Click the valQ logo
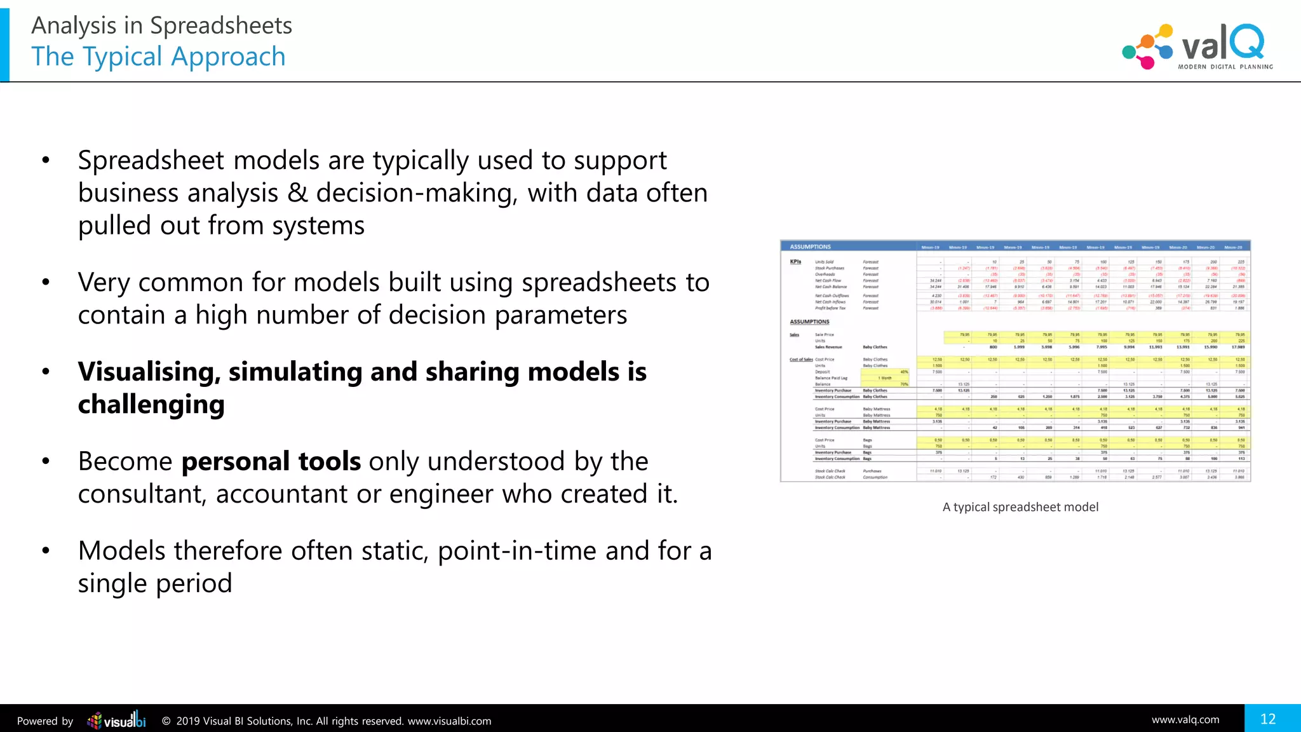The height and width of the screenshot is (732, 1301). point(1197,46)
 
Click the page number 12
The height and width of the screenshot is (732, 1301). point(1268,719)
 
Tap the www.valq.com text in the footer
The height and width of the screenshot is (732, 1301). point(1185,719)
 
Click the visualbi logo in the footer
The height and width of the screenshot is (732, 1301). point(117,721)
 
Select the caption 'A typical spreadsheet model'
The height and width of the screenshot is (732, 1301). point(1020,507)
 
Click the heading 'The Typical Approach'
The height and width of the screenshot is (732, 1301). point(158,57)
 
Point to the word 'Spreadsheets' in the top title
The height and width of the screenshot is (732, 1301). point(220,25)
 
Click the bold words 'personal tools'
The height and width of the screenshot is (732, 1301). point(271,461)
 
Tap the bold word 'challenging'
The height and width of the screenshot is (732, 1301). point(151,404)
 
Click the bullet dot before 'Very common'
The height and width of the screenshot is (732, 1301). point(46,282)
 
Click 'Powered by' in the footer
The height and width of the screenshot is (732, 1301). point(45,721)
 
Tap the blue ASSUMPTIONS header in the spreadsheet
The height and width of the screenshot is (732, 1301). point(810,247)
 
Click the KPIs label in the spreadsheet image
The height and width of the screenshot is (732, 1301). point(795,262)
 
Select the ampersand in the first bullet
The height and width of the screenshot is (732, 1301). point(297,193)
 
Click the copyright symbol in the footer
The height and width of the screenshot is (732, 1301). point(166,721)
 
